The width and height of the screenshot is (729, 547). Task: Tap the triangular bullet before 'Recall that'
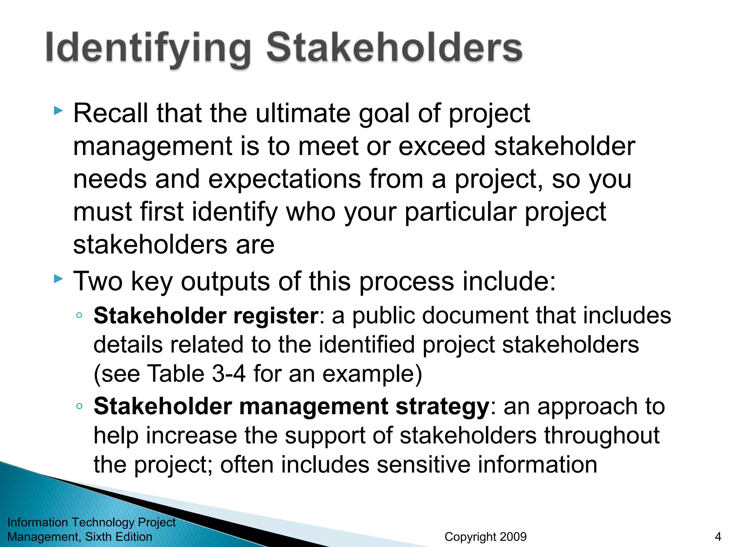pos(58,111)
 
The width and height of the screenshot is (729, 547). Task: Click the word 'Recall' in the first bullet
pos(110,113)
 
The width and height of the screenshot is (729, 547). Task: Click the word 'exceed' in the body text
pos(442,146)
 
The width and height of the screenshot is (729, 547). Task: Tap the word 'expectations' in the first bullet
pos(284,179)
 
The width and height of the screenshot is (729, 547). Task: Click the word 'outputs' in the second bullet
pos(225,281)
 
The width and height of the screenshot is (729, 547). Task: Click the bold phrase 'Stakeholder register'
pos(206,316)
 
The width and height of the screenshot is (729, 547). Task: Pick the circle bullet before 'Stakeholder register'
pos(79,316)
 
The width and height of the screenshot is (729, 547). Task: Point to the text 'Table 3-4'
pos(196,374)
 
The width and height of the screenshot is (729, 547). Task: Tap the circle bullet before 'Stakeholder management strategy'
pos(79,406)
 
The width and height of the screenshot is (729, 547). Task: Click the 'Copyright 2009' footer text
pos(485,537)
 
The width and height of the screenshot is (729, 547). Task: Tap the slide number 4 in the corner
pos(718,537)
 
